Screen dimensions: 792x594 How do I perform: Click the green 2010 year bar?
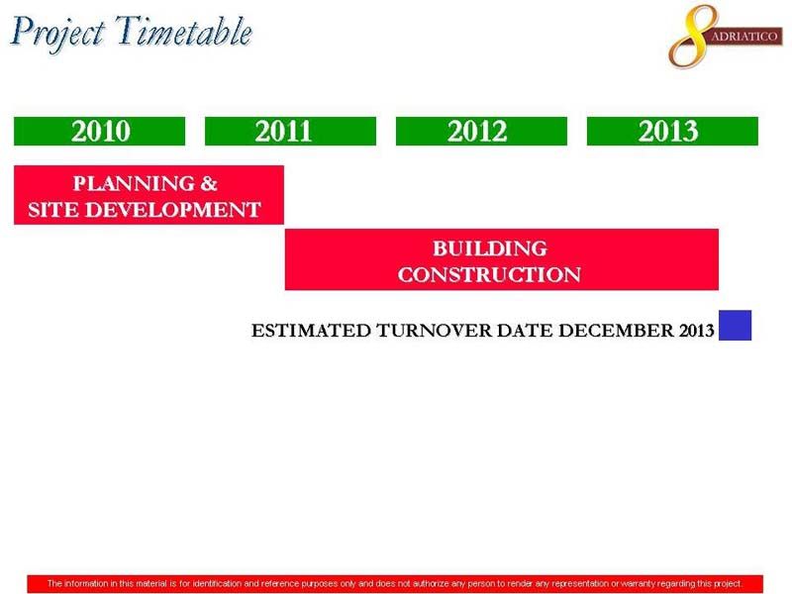[x=100, y=132]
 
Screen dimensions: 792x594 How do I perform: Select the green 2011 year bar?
[x=290, y=132]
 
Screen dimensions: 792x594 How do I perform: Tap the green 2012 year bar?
[x=481, y=132]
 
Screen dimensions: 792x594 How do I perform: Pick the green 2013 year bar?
[x=672, y=132]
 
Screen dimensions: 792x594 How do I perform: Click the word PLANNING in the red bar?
[x=134, y=183]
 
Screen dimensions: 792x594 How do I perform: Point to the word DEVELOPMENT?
[x=172, y=210]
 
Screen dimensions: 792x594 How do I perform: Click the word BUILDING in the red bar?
[x=489, y=248]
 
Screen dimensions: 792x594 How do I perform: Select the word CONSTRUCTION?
[x=489, y=275]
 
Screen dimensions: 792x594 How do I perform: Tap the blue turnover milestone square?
[x=735, y=326]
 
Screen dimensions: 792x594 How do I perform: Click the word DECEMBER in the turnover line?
[x=616, y=331]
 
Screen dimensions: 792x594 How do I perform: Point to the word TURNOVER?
[x=435, y=331]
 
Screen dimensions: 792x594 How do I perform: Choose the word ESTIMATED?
[x=311, y=331]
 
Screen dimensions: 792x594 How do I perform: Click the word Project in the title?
[x=58, y=34]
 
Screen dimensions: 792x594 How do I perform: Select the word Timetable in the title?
[x=184, y=32]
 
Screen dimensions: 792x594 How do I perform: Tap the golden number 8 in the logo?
[x=692, y=37]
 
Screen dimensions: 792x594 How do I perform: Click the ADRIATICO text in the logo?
[x=744, y=37]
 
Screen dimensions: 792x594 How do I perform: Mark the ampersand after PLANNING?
[x=209, y=183]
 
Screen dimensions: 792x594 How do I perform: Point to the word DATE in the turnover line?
[x=525, y=331]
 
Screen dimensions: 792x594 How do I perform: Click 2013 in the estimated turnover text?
[x=697, y=331]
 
